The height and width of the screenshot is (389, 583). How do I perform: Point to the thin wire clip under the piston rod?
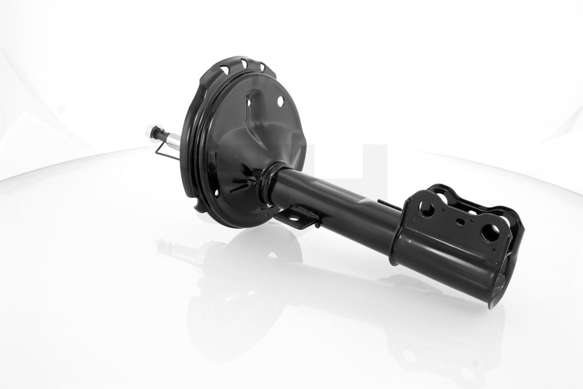pyautogui.click(x=163, y=151)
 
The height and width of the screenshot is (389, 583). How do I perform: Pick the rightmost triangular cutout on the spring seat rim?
pyautogui.click(x=262, y=67)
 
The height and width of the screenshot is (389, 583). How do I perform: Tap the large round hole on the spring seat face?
pyautogui.click(x=280, y=101)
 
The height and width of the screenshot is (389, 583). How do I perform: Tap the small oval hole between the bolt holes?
pyautogui.click(x=458, y=222)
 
